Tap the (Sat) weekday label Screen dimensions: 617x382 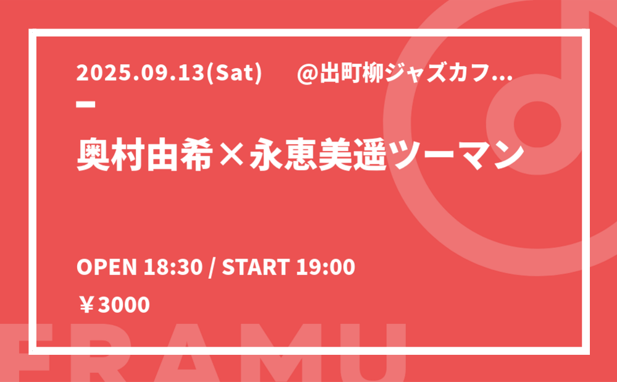pos(234,74)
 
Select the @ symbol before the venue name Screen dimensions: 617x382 pos(307,74)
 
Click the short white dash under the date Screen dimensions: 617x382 pos(85,104)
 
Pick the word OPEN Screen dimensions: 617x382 pos(106,267)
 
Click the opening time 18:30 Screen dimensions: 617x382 pos(173,267)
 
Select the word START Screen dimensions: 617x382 pos(256,267)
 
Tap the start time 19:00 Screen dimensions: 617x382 pos(325,267)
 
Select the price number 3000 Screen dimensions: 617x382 pos(123,305)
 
